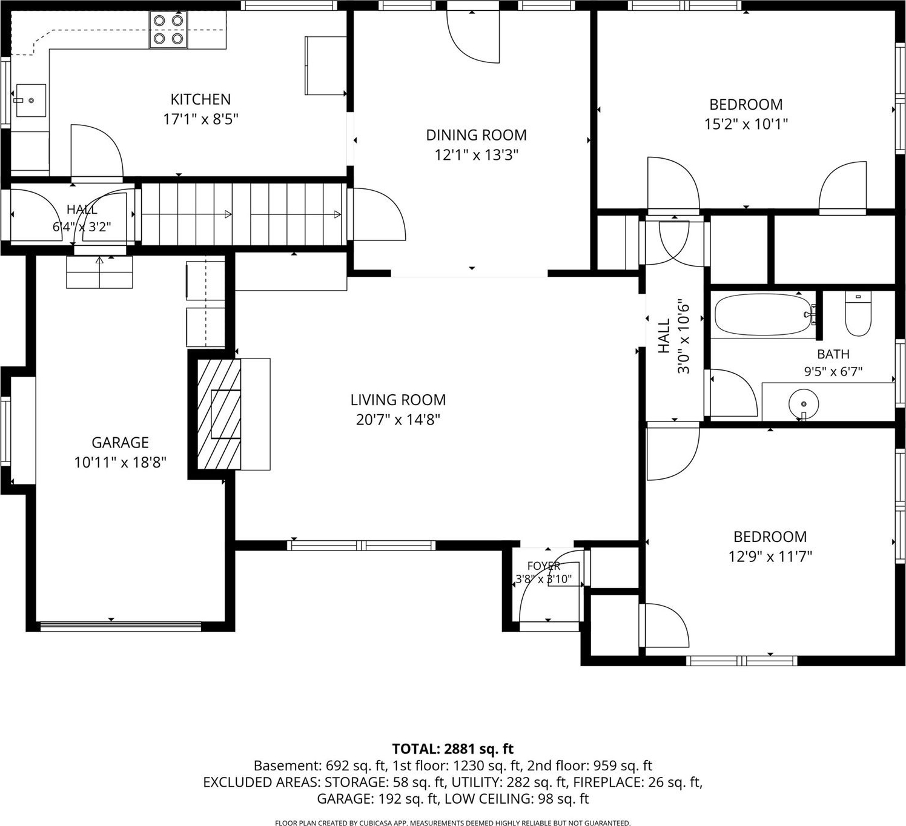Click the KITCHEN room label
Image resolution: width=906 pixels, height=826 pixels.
pyautogui.click(x=200, y=99)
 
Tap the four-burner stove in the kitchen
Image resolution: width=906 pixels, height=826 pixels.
pyautogui.click(x=168, y=30)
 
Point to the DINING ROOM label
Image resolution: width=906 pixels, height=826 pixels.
pyautogui.click(x=476, y=134)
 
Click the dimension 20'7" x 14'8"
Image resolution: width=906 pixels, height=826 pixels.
pyautogui.click(x=398, y=420)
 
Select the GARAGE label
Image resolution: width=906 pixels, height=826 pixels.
pyautogui.click(x=120, y=442)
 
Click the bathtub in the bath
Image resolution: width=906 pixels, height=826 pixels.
pyautogui.click(x=763, y=315)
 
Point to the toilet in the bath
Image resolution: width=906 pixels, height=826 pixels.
pyautogui.click(x=858, y=314)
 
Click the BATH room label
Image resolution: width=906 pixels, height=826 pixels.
pyautogui.click(x=833, y=354)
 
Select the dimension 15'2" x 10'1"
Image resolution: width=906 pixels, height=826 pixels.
pyautogui.click(x=746, y=124)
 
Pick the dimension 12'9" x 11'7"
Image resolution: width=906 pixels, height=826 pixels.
pyautogui.click(x=770, y=557)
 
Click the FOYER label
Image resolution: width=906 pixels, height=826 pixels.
pyautogui.click(x=544, y=566)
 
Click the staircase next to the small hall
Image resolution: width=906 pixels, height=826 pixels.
pyautogui.click(x=244, y=214)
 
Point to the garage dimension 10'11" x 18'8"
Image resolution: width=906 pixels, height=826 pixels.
pyautogui.click(x=120, y=462)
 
